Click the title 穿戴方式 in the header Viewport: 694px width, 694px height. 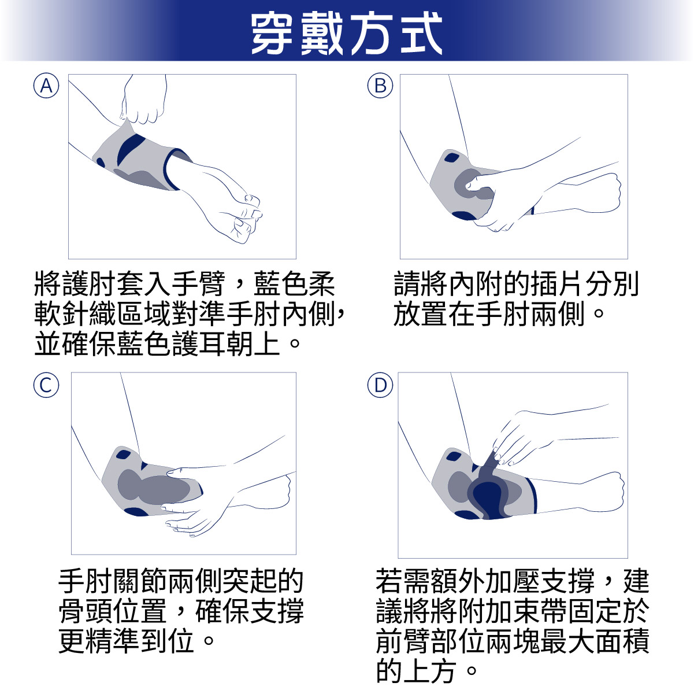347,34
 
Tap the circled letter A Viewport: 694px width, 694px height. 46,86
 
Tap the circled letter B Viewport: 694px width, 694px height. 380,86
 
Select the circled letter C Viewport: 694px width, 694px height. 46,385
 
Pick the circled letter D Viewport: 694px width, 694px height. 380,385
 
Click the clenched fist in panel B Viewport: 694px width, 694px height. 604,191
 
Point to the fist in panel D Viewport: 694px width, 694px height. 607,492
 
